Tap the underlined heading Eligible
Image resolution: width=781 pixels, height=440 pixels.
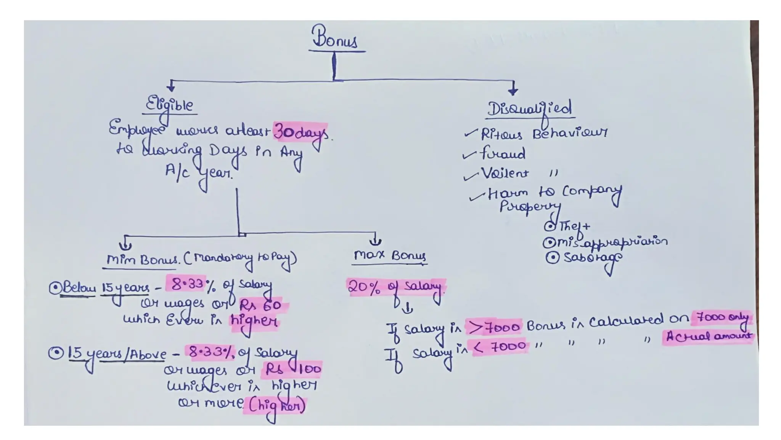point(170,105)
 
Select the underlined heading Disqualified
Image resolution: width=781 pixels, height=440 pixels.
point(530,109)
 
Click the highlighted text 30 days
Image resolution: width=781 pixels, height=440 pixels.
point(301,133)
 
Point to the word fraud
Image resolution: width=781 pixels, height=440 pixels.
point(503,154)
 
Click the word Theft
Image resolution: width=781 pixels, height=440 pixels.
point(574,226)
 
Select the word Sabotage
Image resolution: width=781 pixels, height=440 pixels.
point(592,257)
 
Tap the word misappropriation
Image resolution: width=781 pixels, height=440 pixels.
point(612,242)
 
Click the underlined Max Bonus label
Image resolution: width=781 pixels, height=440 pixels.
point(390,255)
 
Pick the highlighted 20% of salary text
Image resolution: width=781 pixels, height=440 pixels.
point(395,287)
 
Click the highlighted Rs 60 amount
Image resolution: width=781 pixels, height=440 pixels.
point(260,305)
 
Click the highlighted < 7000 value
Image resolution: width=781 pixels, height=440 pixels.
point(500,347)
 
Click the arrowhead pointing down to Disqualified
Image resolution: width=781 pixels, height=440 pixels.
point(513,91)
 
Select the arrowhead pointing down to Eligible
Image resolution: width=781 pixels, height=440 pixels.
point(171,87)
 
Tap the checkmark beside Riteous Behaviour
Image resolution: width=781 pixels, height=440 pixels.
point(471,133)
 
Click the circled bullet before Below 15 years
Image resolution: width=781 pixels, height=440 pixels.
point(55,288)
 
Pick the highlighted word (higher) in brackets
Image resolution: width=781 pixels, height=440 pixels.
point(276,406)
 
